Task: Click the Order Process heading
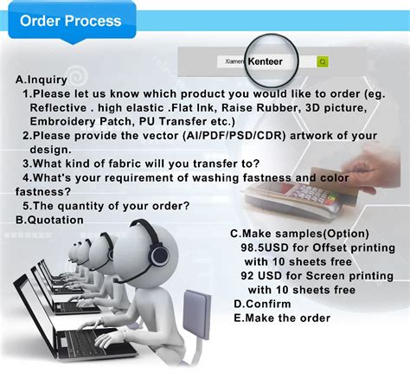point(71,21)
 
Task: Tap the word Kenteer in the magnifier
point(265,61)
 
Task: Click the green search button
point(323,61)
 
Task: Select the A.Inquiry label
point(42,80)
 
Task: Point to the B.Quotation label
point(49,220)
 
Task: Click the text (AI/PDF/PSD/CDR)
point(234,136)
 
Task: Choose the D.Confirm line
point(262,304)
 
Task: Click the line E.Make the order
point(282,318)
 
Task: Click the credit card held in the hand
point(335,184)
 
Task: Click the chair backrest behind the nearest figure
point(196,314)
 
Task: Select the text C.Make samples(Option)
point(299,234)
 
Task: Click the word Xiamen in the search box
point(234,61)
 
